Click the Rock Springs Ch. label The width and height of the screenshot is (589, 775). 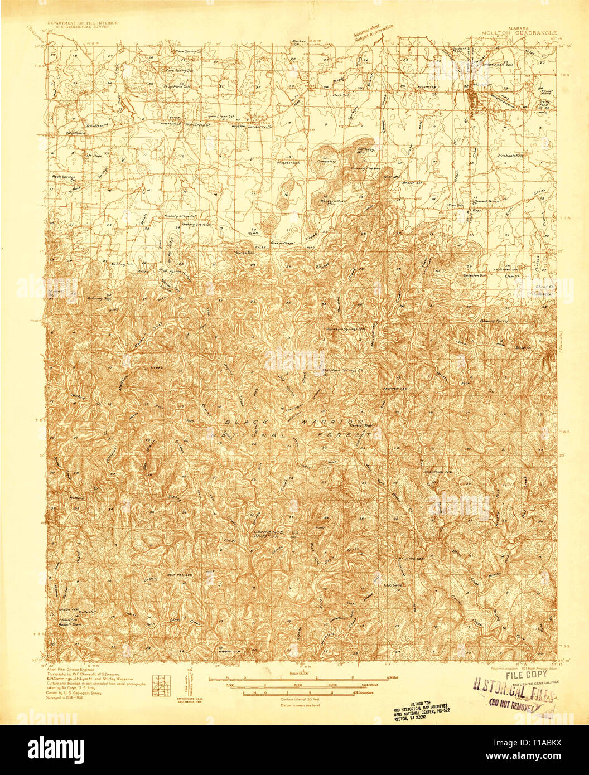click(63, 178)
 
